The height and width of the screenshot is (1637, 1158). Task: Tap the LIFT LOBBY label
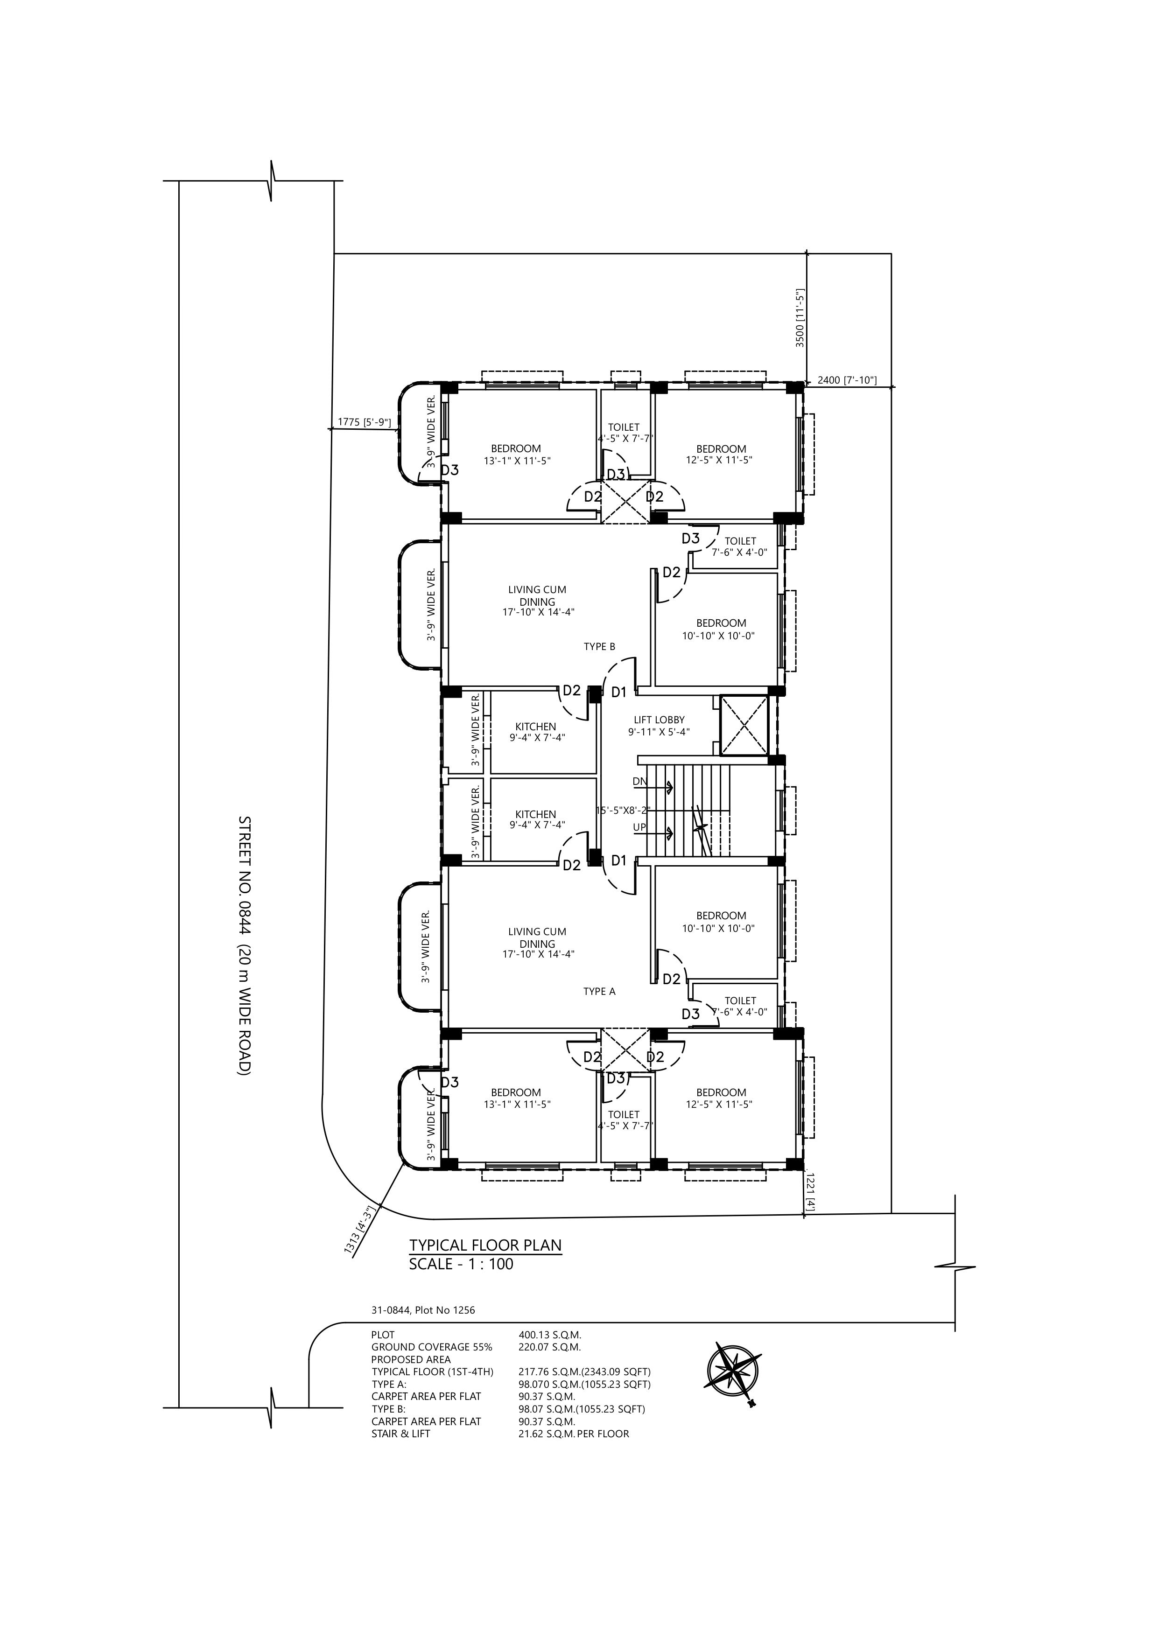tap(659, 720)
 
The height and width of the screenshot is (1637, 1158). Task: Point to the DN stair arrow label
tap(639, 782)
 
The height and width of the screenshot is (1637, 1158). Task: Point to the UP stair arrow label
tap(639, 827)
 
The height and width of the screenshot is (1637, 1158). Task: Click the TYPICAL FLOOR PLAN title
tap(485, 1245)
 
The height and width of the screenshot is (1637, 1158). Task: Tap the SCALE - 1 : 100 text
tap(461, 1264)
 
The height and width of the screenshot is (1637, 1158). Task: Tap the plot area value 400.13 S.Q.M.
tap(550, 1335)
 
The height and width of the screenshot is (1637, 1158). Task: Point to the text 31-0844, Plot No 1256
tap(423, 1310)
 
